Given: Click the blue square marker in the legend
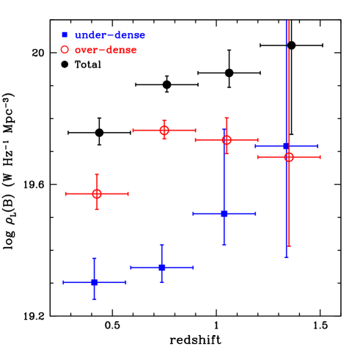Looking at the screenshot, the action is click(x=65, y=34).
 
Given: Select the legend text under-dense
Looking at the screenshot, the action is click(x=110, y=35).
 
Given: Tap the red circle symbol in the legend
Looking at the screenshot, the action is click(x=65, y=50).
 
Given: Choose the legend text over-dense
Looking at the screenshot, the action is click(x=106, y=50).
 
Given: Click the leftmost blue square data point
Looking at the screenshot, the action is click(x=95, y=282).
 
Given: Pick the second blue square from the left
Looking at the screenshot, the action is click(x=162, y=267).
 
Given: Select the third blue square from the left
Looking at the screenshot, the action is click(x=224, y=213).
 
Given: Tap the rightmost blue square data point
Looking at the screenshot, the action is click(x=286, y=147).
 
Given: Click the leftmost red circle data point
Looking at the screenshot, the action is click(x=97, y=194).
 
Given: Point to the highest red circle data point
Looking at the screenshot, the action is click(x=164, y=130).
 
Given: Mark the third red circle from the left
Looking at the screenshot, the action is click(x=227, y=139).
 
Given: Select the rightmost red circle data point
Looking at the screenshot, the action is click(x=289, y=157).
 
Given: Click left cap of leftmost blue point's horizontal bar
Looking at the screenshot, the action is click(x=64, y=282).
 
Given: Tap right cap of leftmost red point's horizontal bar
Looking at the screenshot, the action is click(x=128, y=194).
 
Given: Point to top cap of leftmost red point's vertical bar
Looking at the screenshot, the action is click(x=97, y=175).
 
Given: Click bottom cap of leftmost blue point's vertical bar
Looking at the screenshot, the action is click(x=95, y=299).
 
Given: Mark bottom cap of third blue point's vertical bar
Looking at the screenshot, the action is click(x=224, y=244).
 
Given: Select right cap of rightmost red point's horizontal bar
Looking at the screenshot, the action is click(x=320, y=157).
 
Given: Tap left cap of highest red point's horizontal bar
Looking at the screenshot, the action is click(x=133, y=130).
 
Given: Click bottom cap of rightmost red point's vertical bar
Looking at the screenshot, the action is click(x=289, y=246).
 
